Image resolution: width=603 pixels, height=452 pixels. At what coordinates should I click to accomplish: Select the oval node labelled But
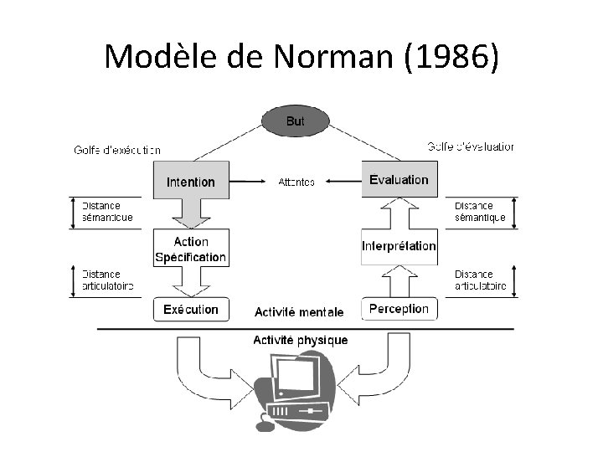pyautogui.click(x=295, y=121)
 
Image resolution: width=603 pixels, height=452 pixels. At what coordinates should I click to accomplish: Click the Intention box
pyautogui.click(x=190, y=181)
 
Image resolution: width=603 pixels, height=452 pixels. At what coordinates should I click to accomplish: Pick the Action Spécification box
pyautogui.click(x=190, y=249)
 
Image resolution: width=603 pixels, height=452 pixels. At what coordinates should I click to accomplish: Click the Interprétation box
pyautogui.click(x=399, y=246)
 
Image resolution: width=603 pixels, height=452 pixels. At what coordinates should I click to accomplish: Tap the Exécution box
pyautogui.click(x=190, y=309)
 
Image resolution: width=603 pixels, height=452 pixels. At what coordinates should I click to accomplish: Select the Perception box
pyautogui.click(x=399, y=308)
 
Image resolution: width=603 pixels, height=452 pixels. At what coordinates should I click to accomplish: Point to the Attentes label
pyautogui.click(x=296, y=181)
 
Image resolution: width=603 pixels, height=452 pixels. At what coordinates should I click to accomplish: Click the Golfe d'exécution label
pyautogui.click(x=116, y=150)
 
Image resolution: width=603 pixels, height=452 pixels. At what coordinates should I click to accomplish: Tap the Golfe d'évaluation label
pyautogui.click(x=471, y=146)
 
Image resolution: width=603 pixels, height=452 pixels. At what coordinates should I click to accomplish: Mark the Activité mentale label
pyautogui.click(x=299, y=312)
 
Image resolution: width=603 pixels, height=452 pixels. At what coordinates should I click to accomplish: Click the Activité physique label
pyautogui.click(x=300, y=340)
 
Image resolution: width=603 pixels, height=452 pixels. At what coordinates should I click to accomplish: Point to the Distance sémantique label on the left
pyautogui.click(x=107, y=212)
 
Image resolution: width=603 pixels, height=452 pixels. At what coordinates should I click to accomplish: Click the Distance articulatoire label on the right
pyautogui.click(x=480, y=280)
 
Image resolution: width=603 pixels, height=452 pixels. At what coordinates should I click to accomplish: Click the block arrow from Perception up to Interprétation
pyautogui.click(x=399, y=281)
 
